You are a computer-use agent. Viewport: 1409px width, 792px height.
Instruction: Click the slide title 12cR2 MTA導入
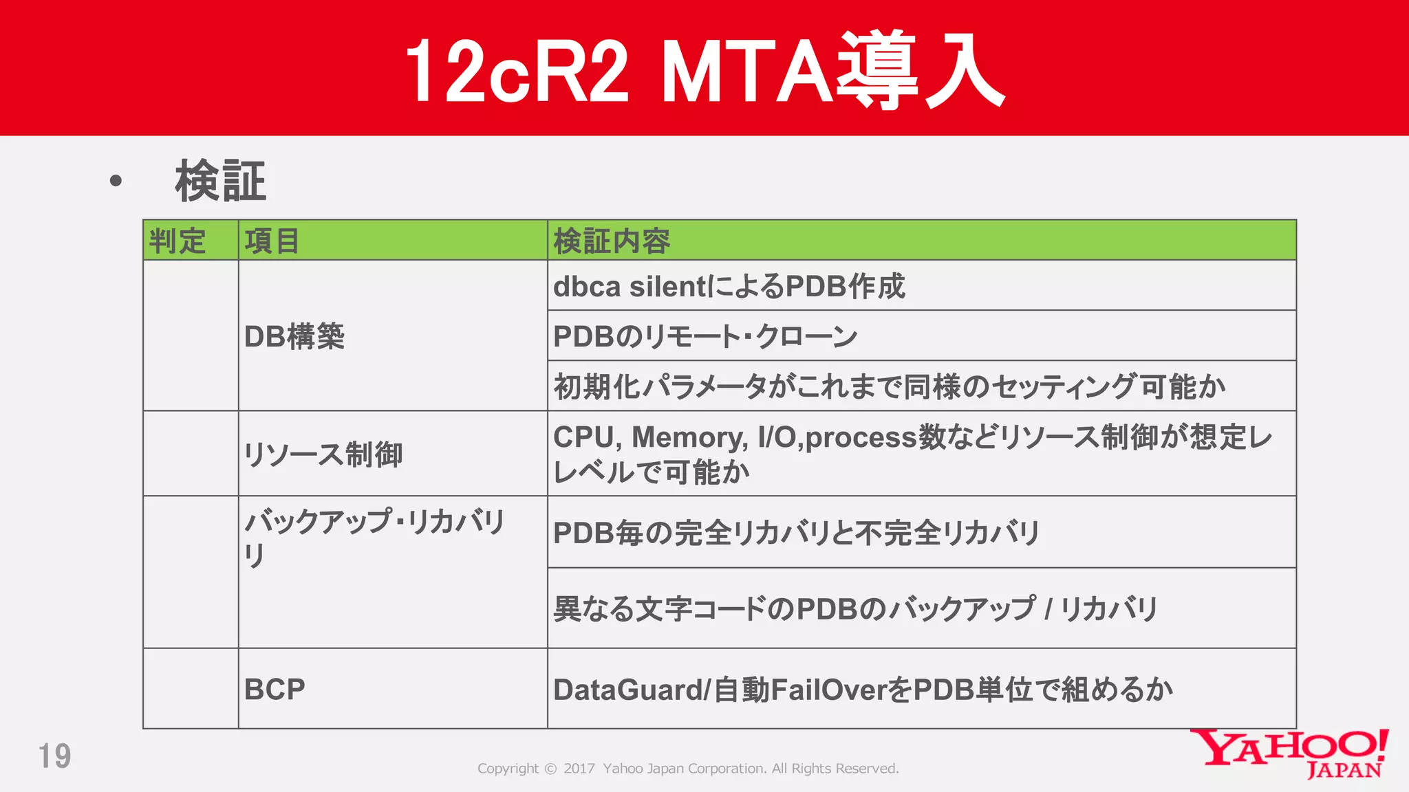click(704, 71)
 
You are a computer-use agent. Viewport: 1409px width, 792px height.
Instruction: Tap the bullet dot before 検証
click(116, 181)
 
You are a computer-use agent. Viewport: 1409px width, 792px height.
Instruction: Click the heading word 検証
click(220, 181)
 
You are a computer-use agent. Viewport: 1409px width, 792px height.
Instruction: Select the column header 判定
click(178, 241)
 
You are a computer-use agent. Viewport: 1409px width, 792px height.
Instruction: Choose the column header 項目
click(272, 241)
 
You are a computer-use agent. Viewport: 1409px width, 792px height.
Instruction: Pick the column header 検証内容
click(612, 241)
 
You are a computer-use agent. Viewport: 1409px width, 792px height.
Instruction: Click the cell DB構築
click(294, 337)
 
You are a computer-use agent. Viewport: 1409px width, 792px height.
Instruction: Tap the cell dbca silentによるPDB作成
click(729, 287)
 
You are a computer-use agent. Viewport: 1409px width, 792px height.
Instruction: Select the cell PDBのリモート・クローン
click(705, 337)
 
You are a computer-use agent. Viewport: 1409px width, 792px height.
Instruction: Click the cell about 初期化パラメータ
click(889, 387)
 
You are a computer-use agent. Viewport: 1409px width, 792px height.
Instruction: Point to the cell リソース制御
click(323, 454)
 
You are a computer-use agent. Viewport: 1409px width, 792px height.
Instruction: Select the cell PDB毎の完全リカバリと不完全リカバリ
click(796, 533)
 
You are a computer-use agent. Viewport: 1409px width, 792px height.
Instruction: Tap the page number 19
click(54, 756)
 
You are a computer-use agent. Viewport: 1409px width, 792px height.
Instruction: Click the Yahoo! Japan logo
click(1289, 753)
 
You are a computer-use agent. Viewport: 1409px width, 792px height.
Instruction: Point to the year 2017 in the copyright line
click(579, 769)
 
